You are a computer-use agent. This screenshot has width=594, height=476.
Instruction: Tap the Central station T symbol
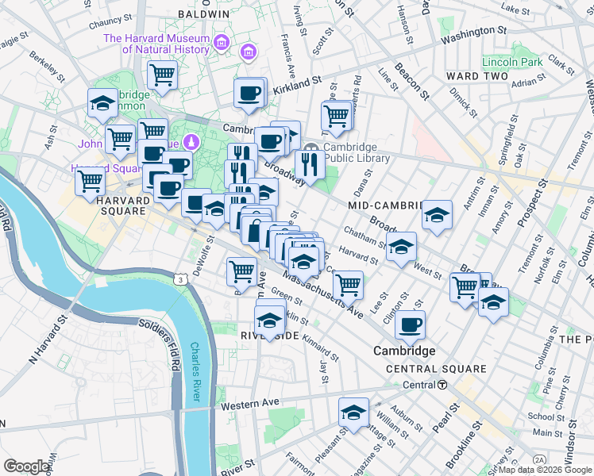[442, 385]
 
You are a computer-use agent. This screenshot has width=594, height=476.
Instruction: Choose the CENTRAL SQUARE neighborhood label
[436, 369]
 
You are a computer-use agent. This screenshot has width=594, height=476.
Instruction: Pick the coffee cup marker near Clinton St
[410, 324]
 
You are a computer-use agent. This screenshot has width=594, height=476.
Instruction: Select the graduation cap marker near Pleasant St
[353, 412]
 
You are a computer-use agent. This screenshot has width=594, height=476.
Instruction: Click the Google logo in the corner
[26, 466]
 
